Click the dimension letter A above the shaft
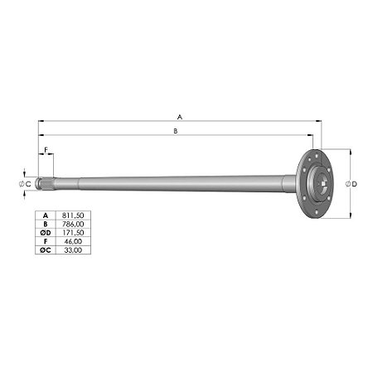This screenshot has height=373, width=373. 180,117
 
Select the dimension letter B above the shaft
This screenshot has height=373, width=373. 176,131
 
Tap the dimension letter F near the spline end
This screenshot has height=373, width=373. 46,150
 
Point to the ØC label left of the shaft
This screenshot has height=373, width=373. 25,184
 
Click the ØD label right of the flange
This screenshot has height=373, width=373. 351,184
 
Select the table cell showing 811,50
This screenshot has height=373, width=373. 73,216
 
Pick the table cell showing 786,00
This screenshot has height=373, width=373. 73,224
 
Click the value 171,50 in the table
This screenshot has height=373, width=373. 72,233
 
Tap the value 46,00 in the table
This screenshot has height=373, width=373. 73,241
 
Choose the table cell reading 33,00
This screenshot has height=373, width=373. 73,250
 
